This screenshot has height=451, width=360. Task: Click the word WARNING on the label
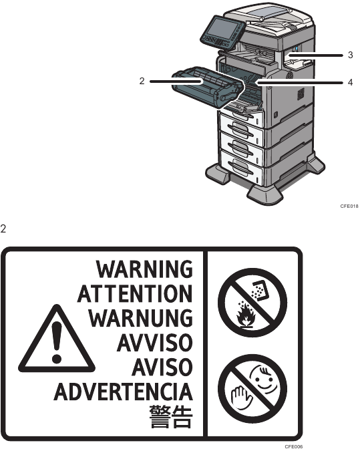144,269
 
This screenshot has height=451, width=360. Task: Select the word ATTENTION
135,293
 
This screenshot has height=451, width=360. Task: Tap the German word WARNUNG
140,318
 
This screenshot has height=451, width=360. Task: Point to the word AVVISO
155,342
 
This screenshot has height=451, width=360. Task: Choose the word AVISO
162,367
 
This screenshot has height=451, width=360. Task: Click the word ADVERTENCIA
124,392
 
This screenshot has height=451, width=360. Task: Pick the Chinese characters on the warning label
171,416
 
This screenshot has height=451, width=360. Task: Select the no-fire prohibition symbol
252,303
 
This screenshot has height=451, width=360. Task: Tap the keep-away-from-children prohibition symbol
252,389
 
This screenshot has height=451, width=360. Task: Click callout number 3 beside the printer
350,55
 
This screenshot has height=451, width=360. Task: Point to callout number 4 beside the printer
350,83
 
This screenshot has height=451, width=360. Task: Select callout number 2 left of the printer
142,81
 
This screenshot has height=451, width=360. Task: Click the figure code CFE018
349,206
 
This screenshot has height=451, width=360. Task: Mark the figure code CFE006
294,446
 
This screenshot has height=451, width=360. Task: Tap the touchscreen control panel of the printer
222,31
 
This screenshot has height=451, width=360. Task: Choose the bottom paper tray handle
241,168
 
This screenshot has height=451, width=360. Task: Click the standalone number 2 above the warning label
3,229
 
